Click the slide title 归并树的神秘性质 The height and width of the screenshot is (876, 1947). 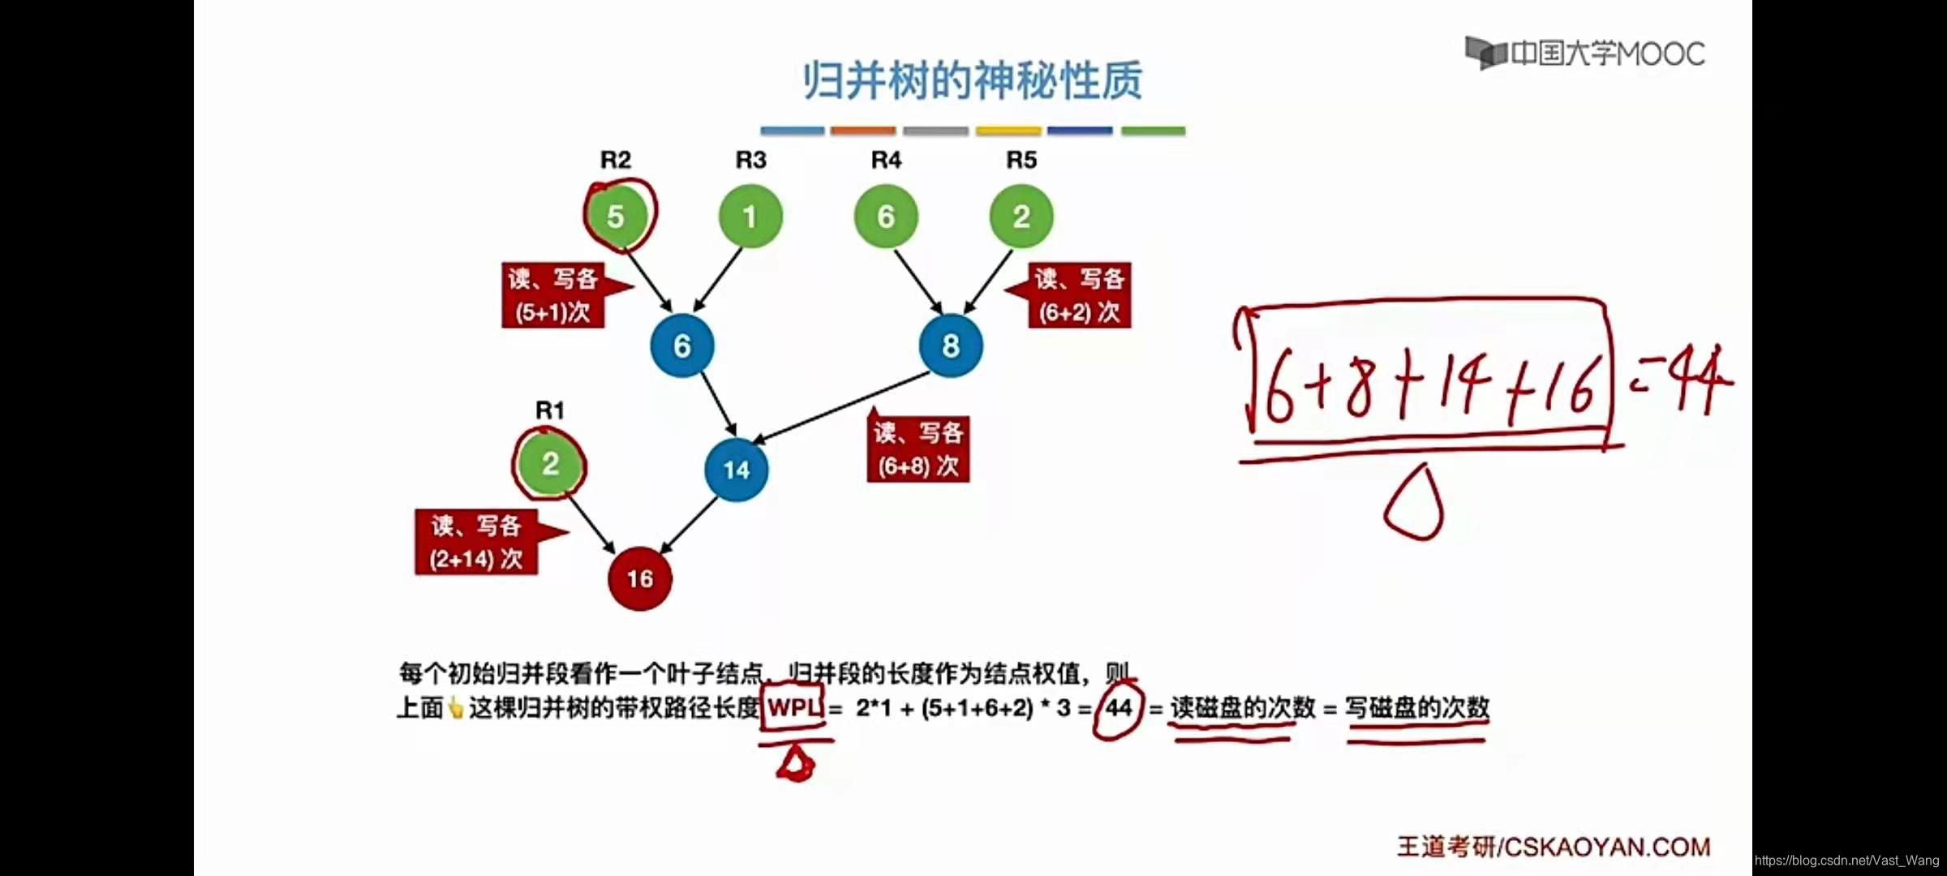click(973, 81)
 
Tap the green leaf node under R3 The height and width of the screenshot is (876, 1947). click(750, 217)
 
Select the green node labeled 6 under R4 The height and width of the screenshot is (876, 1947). click(886, 217)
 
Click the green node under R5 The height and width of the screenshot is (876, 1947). click(1021, 217)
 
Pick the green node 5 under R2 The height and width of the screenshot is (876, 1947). click(616, 217)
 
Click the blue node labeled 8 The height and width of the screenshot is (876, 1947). click(951, 346)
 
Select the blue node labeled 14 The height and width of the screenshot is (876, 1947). click(737, 470)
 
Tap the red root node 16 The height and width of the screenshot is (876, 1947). click(640, 578)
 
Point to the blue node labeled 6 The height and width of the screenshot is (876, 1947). click(682, 346)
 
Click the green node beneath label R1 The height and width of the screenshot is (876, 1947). click(550, 464)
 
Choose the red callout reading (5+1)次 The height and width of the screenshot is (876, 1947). click(553, 296)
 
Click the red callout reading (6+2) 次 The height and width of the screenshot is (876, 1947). click(1079, 296)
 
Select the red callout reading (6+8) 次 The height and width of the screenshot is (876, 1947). click(918, 450)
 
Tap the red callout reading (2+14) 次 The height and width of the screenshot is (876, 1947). click(476, 543)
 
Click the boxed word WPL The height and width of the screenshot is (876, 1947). click(793, 707)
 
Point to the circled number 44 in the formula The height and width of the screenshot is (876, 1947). click(1118, 708)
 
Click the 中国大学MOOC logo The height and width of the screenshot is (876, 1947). click(1585, 54)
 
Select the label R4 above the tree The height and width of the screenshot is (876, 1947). click(886, 160)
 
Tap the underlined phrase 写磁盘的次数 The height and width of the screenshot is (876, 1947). click(1416, 708)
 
